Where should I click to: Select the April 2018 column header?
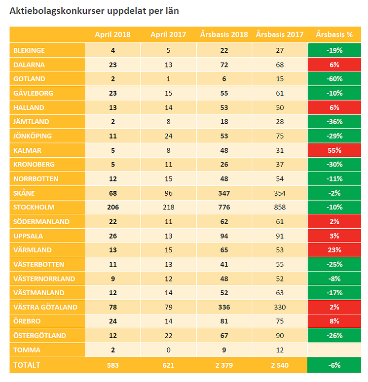[113, 35]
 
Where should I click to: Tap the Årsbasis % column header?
[334, 35]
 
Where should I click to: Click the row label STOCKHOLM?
[34, 207]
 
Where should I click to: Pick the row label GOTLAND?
[30, 78]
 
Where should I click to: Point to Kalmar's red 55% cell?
[334, 150]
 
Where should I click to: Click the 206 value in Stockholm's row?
[113, 207]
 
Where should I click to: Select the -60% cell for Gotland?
[334, 78]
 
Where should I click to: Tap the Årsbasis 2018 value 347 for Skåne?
[224, 193]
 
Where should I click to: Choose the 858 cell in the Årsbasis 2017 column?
[280, 207]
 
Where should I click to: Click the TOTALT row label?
[27, 365]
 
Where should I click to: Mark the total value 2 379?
[224, 365]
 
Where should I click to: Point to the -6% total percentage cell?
[334, 365]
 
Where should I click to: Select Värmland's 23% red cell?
[334, 250]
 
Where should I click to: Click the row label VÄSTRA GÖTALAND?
[45, 307]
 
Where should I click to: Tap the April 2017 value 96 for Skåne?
[168, 193]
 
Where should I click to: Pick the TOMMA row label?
[27, 350]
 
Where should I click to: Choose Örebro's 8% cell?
[334, 321]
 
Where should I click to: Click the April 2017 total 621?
[168, 365]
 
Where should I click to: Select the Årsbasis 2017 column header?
[280, 35]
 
